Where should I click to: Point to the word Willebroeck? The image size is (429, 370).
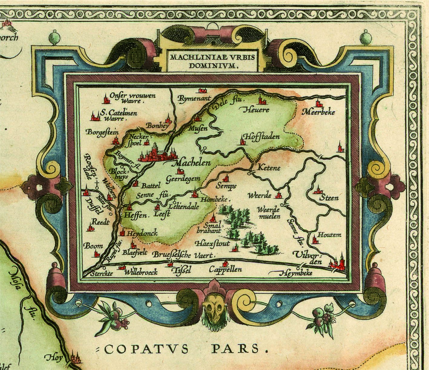click(x=142, y=272)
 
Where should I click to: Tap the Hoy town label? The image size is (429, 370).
click(x=54, y=358)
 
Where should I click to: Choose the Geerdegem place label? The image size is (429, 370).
click(x=183, y=179)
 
